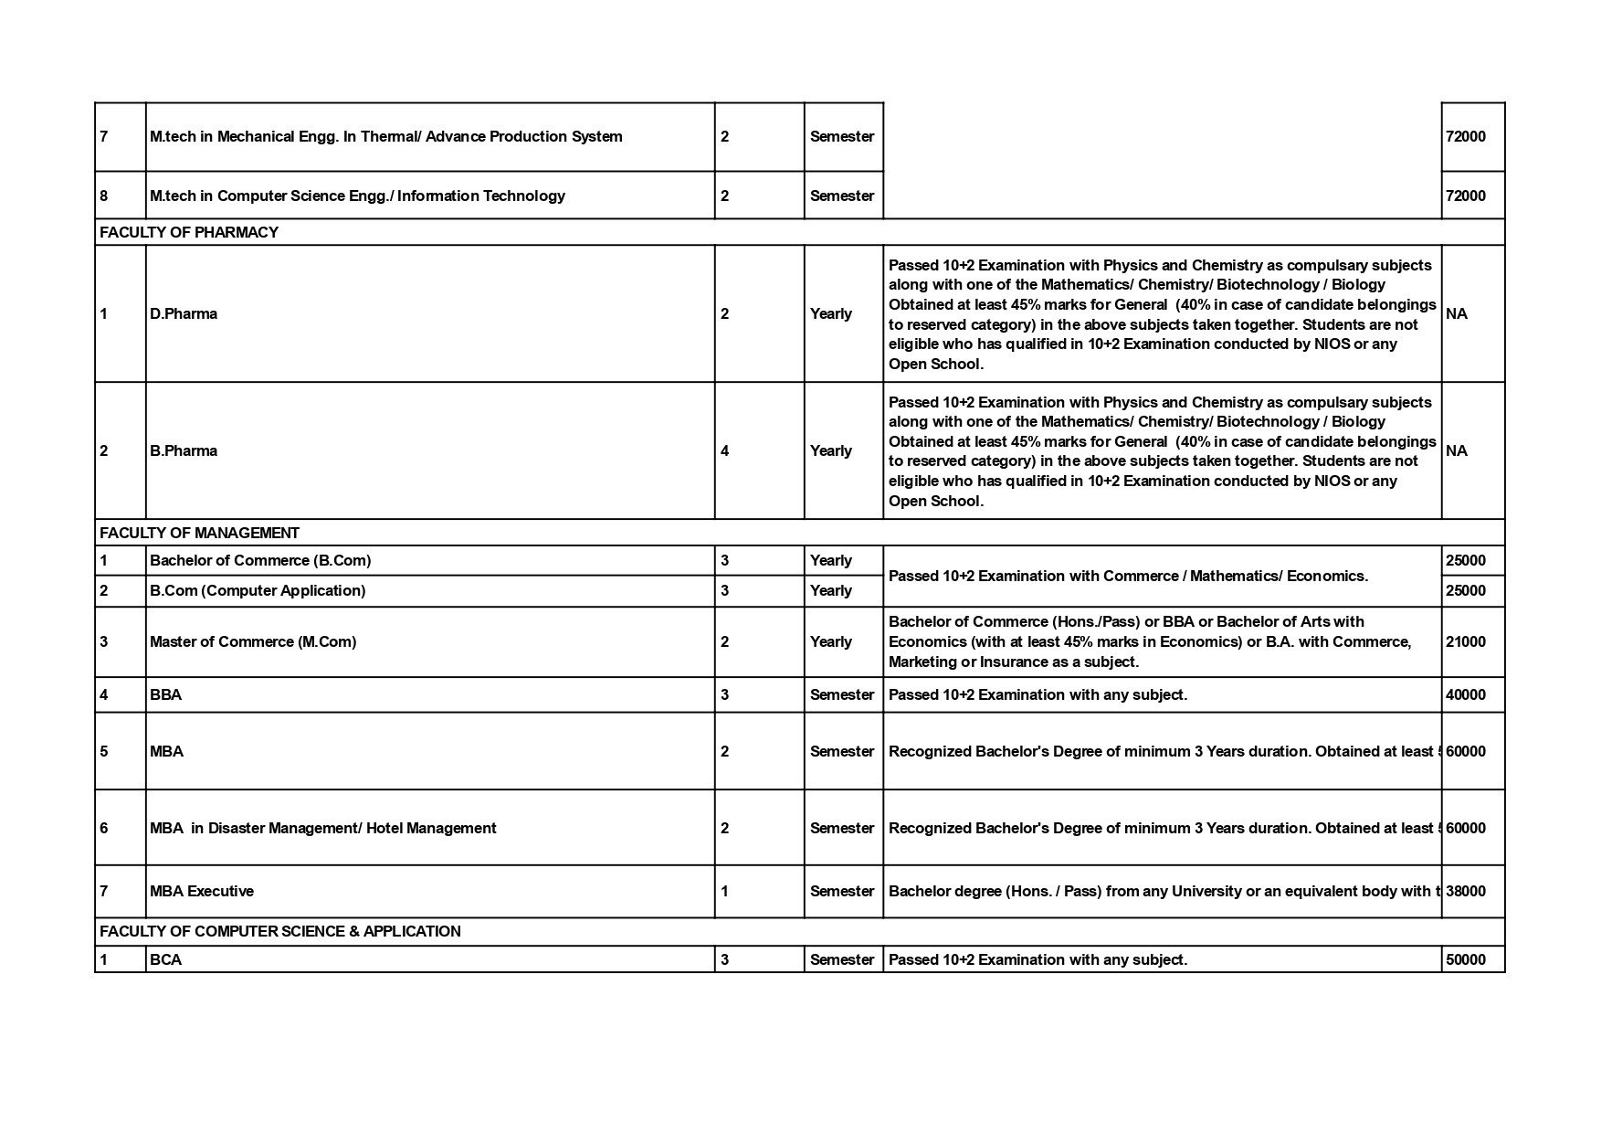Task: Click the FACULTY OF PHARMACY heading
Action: (189, 232)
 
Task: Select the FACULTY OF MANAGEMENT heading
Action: (199, 533)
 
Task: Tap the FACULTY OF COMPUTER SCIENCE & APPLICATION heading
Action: (279, 931)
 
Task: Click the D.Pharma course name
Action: (184, 313)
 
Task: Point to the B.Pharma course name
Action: (184, 450)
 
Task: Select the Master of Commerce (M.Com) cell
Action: (253, 641)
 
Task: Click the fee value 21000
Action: (1465, 641)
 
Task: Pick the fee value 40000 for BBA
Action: (1465, 694)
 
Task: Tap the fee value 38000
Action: (1465, 891)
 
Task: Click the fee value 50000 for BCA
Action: (1465, 959)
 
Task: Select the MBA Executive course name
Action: (202, 891)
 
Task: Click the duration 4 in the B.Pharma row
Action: (725, 450)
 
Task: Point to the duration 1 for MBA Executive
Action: (725, 891)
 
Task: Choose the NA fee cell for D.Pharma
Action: (1457, 313)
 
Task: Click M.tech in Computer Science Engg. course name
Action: (357, 196)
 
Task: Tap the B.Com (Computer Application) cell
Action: (258, 590)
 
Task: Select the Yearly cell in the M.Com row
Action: (830, 641)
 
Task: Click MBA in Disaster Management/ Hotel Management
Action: (323, 828)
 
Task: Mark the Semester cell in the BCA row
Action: (841, 959)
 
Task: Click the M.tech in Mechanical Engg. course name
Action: (385, 136)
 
